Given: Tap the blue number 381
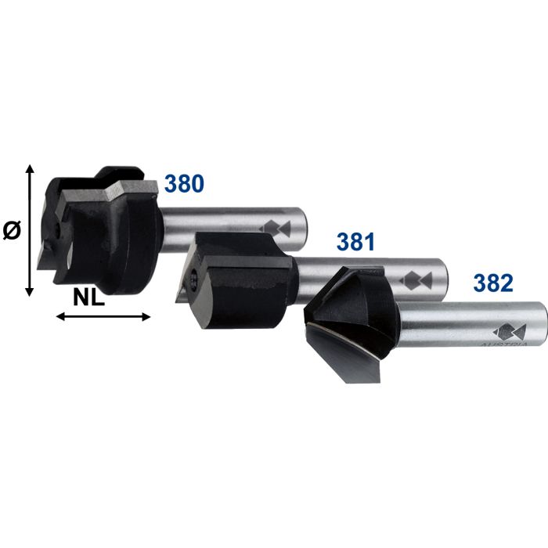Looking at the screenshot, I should point(357,241).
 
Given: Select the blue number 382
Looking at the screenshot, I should point(493,283).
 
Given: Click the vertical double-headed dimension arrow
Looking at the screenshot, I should point(30,230).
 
